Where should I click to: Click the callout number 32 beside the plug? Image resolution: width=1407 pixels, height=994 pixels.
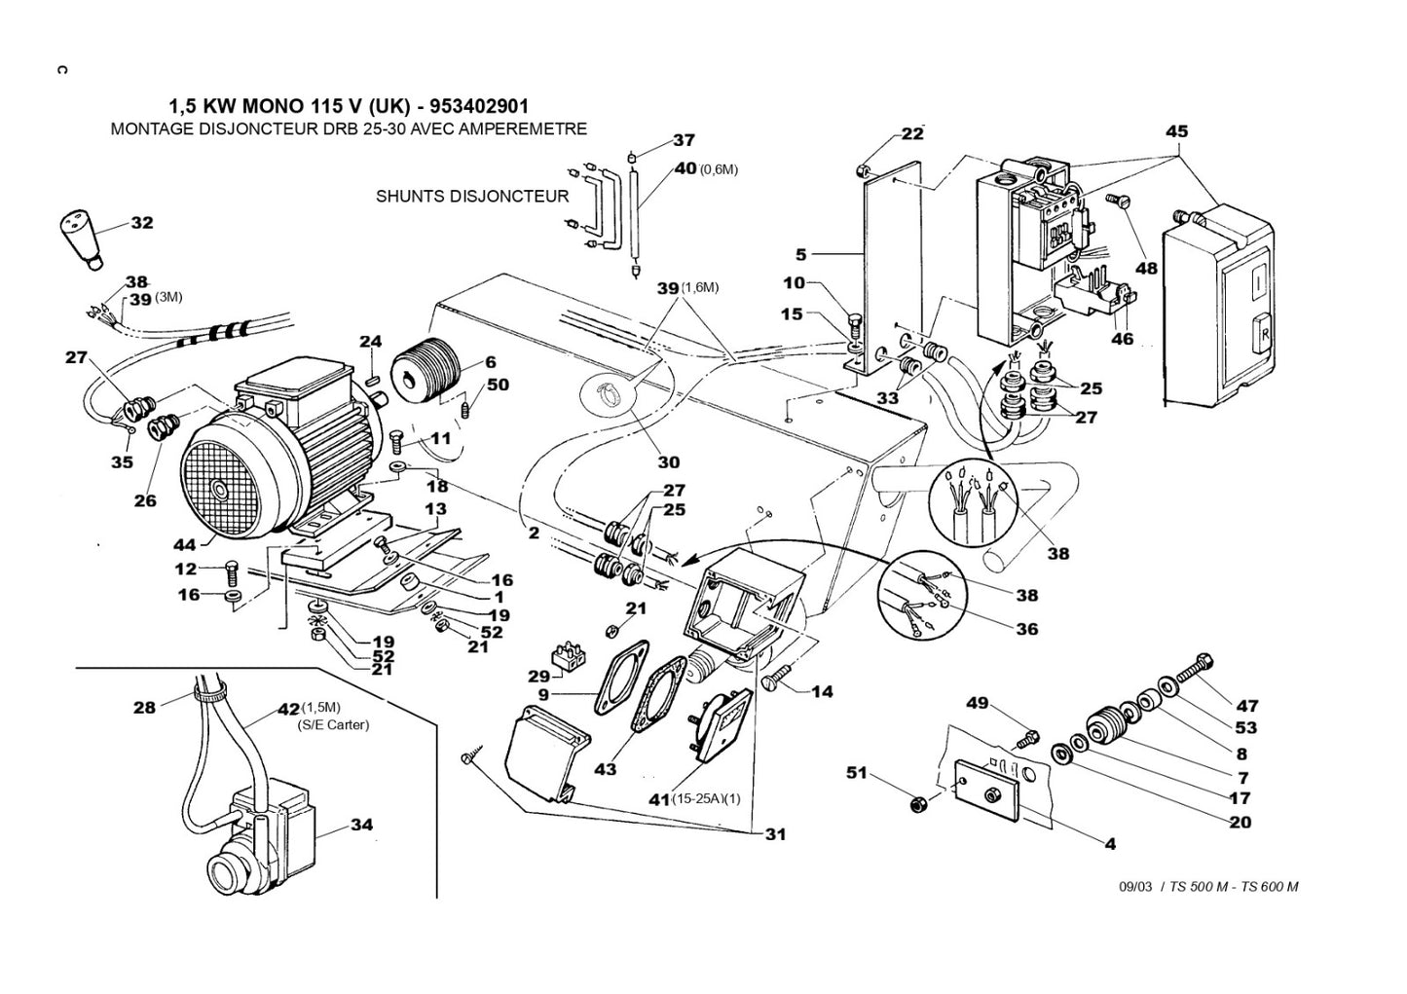pyautogui.click(x=142, y=223)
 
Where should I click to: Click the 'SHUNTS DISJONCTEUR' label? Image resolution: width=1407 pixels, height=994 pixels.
pyautogui.click(x=472, y=196)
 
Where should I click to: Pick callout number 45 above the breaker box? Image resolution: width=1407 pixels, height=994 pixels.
pyautogui.click(x=1176, y=131)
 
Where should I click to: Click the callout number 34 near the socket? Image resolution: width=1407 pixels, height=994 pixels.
pyautogui.click(x=361, y=825)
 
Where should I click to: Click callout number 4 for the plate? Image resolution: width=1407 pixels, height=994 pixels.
pyautogui.click(x=1110, y=844)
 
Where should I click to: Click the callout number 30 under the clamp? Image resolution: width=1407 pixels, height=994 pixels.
pyautogui.click(x=668, y=461)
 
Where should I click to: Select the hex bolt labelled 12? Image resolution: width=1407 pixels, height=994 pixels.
pyautogui.click(x=231, y=567)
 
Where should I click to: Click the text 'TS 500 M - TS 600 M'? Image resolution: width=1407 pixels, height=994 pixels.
pyautogui.click(x=1234, y=886)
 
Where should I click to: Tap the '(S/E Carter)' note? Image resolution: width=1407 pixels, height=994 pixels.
pyautogui.click(x=333, y=724)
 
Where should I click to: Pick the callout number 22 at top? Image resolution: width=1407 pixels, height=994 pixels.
pyautogui.click(x=911, y=134)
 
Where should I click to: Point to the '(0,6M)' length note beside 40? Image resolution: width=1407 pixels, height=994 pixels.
pyautogui.click(x=719, y=169)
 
